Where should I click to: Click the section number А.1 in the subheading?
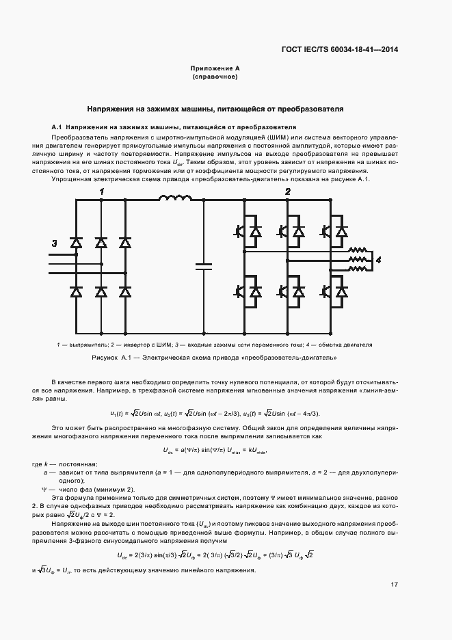click(x=57, y=127)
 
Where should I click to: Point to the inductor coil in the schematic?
click(x=174, y=199)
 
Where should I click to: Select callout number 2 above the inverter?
click(x=288, y=192)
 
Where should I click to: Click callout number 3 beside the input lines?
click(x=55, y=243)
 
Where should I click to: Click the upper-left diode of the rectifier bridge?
click(x=77, y=243)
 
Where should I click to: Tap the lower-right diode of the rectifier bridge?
click(x=124, y=292)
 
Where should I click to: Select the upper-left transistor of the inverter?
click(x=241, y=232)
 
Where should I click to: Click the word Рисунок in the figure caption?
click(x=105, y=358)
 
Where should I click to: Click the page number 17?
click(x=395, y=584)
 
